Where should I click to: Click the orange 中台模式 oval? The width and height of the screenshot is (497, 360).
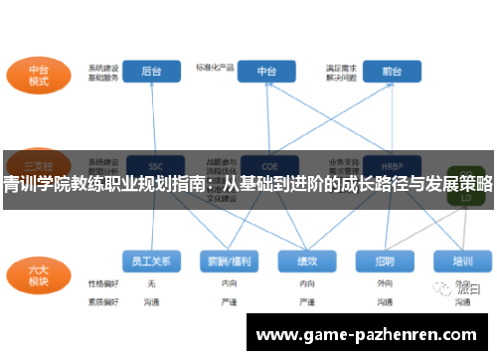pyautogui.click(x=39, y=76)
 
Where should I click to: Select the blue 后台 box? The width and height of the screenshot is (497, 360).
pyautogui.click(x=152, y=72)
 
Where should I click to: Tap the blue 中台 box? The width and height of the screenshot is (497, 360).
pyautogui.click(x=266, y=72)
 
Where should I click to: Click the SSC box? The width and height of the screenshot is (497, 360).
pyautogui.click(x=154, y=165)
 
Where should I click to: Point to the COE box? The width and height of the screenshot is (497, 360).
pyautogui.click(x=267, y=165)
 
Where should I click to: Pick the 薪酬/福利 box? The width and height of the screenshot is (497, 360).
pyautogui.click(x=228, y=261)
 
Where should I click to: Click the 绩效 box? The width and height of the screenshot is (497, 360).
pyautogui.click(x=305, y=261)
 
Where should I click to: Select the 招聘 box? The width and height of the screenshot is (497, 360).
pyautogui.click(x=385, y=261)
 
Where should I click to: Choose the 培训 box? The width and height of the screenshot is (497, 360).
pyautogui.click(x=462, y=261)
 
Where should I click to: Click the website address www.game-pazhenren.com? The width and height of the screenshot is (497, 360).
pyautogui.click(x=367, y=335)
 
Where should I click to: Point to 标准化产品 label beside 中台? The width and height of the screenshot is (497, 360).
pyautogui.click(x=216, y=68)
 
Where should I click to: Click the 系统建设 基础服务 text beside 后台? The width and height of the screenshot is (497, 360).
pyautogui.click(x=103, y=72)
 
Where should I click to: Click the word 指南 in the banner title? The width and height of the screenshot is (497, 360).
pyautogui.click(x=192, y=184)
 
